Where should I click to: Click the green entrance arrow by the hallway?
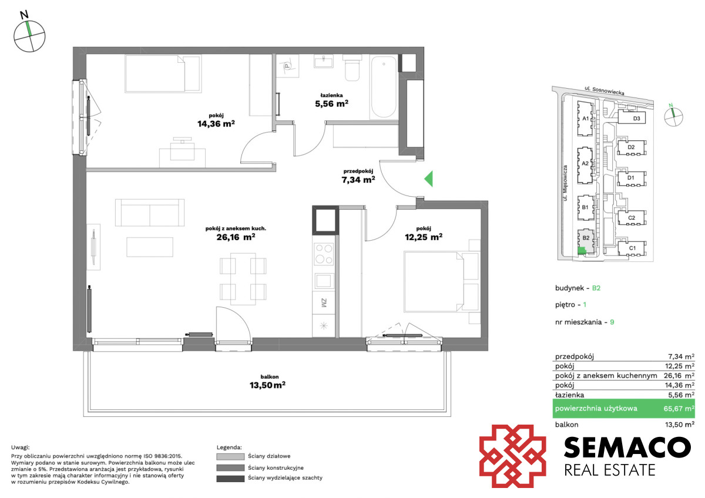tap(429, 179)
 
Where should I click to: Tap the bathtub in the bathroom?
tap(384, 87)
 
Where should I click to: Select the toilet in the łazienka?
tap(352, 68)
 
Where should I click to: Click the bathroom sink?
tap(324, 61)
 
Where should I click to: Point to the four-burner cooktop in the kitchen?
tap(324, 254)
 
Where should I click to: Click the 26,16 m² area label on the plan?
tap(236, 237)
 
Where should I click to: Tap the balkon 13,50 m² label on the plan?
tap(267, 382)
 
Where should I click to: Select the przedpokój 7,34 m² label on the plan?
tap(358, 176)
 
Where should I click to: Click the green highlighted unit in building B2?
tap(582, 251)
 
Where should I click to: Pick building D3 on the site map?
tap(632, 118)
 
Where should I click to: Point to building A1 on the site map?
tap(585, 119)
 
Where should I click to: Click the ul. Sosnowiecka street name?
tap(605, 91)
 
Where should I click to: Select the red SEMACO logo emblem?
tap(512, 456)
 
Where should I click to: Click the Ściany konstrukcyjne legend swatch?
tap(230, 468)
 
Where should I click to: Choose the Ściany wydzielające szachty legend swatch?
tap(230, 479)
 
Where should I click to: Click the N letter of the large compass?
tap(24, 15)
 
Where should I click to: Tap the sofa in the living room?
tap(150, 213)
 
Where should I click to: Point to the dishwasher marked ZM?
tap(324, 302)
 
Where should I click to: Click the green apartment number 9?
tap(612, 322)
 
